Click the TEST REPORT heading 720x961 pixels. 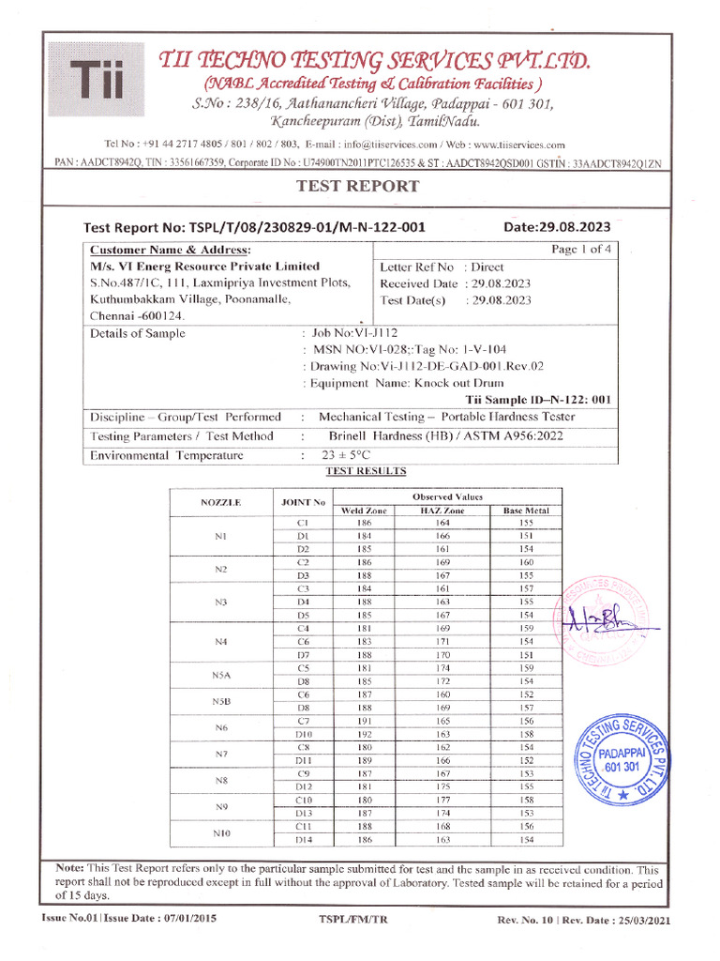357,186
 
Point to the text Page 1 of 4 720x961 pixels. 581,250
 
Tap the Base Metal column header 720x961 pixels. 525,510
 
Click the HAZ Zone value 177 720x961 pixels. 443,800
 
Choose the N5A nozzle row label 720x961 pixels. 221,674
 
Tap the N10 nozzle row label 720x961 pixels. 221,832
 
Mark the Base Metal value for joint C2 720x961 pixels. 526,562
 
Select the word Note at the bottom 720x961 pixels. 70,869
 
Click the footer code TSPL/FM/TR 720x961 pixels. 353,919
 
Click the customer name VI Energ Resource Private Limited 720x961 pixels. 204,267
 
